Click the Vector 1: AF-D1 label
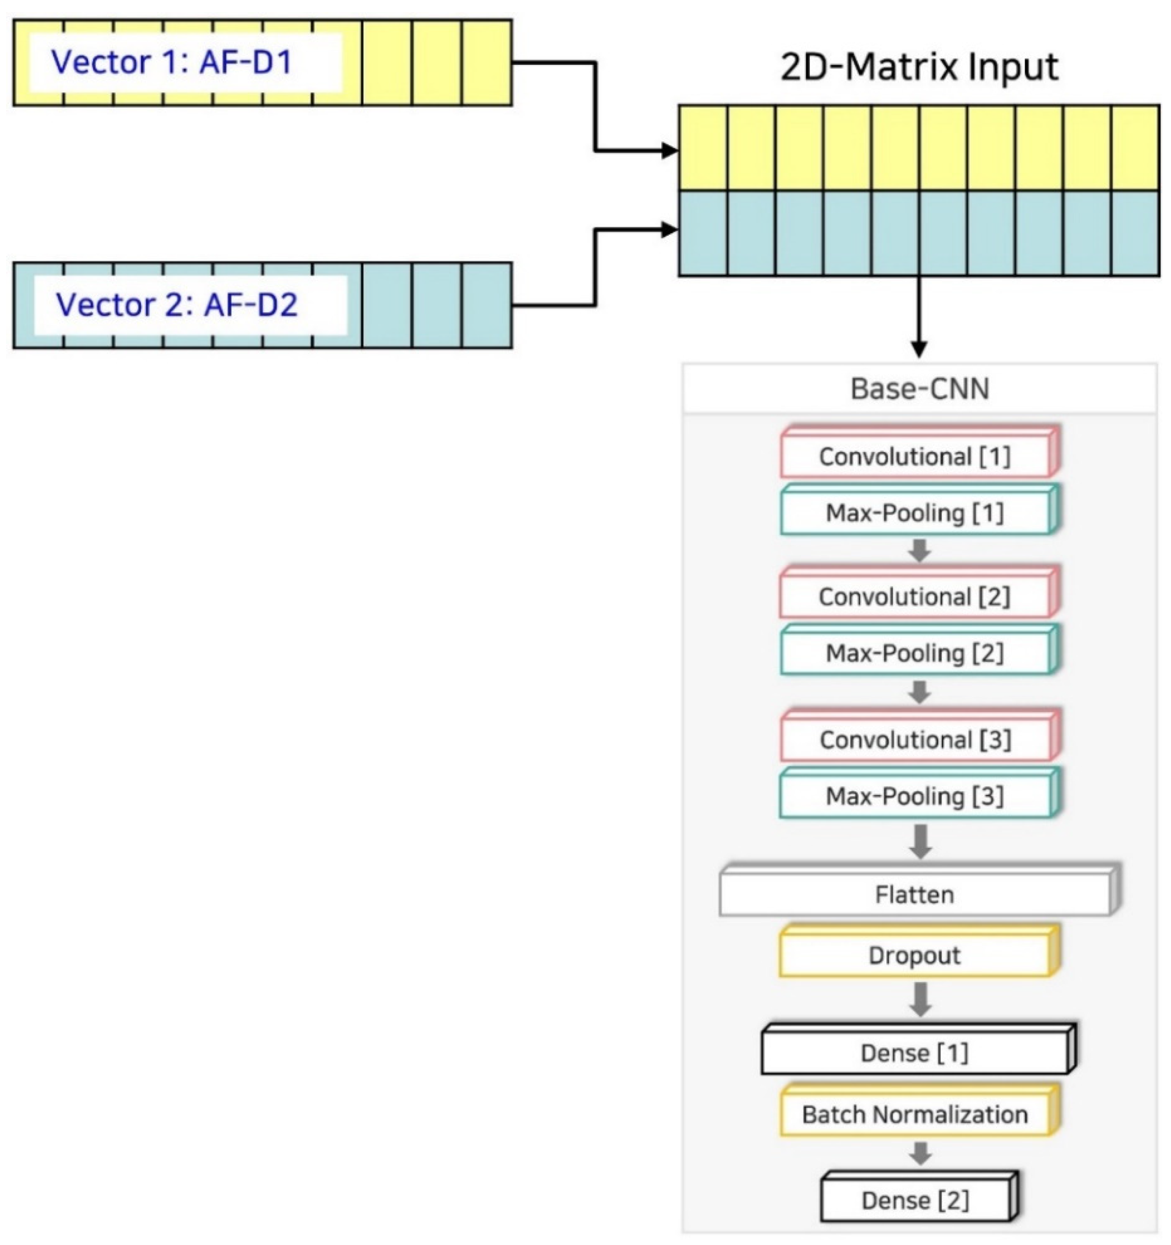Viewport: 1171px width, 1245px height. [x=173, y=62]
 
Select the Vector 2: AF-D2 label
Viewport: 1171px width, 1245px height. [x=177, y=305]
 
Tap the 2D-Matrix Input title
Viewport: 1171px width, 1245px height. [x=919, y=67]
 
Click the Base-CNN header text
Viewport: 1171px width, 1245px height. [x=919, y=388]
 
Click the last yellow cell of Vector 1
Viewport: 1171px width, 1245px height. [x=487, y=62]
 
